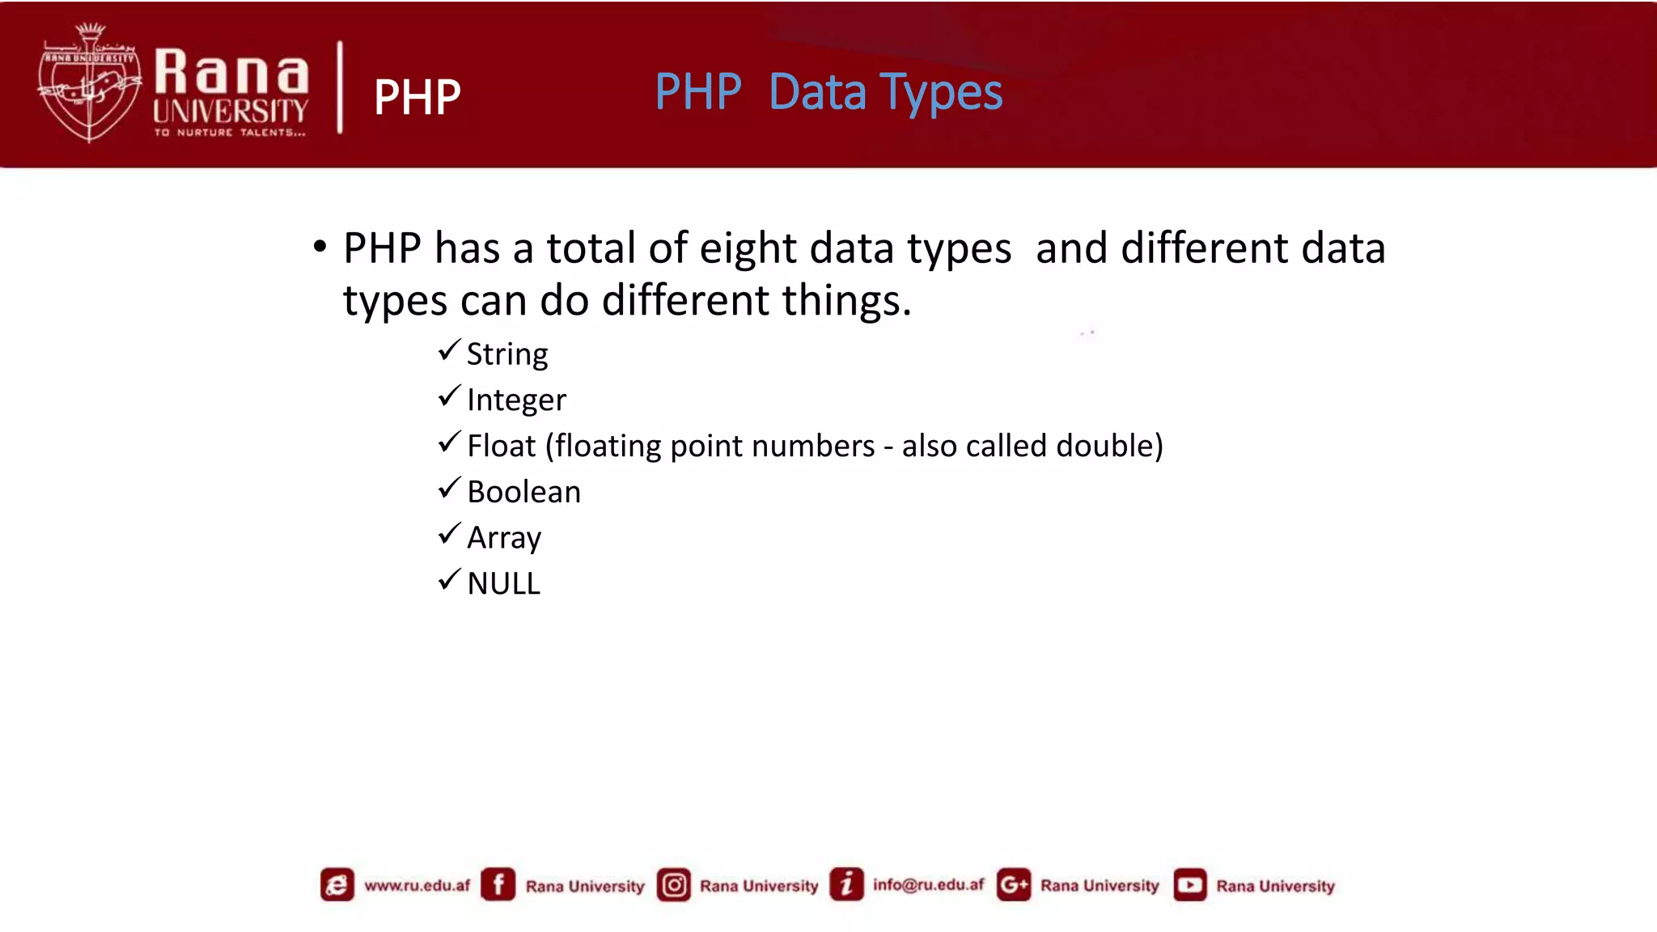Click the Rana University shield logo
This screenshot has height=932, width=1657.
[x=89, y=83]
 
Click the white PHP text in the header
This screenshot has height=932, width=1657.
[x=417, y=97]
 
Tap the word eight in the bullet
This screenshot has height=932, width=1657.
[x=748, y=248]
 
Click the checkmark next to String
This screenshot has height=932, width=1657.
[x=449, y=351]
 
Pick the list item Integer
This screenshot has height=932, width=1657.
[x=516, y=400]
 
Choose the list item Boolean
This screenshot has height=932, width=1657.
[x=523, y=492]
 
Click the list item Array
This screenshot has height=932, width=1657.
[x=504, y=538]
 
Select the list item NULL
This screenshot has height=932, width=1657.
[x=503, y=583]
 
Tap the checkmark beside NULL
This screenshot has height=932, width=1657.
[x=449, y=580]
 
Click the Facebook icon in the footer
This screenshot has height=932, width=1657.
[x=498, y=884]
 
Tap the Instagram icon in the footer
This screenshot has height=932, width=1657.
[x=673, y=885]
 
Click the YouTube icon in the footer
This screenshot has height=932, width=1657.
[x=1189, y=885]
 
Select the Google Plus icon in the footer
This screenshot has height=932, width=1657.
[x=1013, y=885]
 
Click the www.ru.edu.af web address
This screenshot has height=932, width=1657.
[x=417, y=885]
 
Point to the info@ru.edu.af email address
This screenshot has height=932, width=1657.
[x=928, y=885]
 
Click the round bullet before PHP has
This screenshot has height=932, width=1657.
[x=320, y=246]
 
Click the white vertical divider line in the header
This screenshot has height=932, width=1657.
[x=340, y=87]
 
